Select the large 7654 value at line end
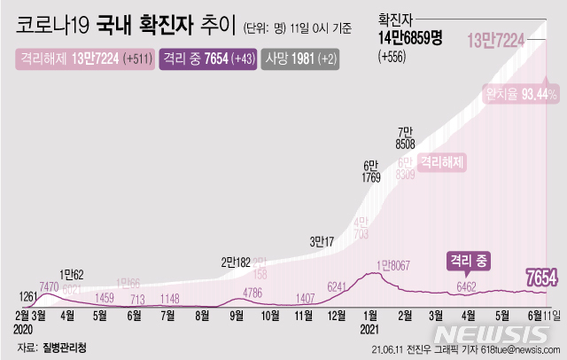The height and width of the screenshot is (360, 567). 540,278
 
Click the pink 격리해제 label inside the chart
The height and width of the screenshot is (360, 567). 442,162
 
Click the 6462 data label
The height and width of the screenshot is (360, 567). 466,286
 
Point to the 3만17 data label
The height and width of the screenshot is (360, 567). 322,240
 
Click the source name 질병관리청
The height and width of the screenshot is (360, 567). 67,346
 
